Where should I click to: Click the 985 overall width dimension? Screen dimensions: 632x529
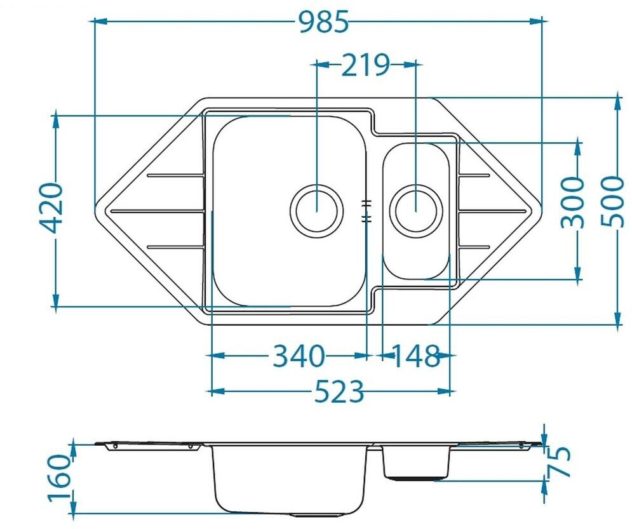coord(324,22)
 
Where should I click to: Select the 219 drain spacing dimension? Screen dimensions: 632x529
coord(366,65)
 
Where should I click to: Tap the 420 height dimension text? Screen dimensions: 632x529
coord(53,208)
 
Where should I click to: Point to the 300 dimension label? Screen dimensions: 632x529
coord(572,202)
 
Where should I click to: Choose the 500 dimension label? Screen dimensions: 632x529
coord(612,202)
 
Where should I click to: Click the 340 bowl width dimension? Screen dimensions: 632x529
coord(299,356)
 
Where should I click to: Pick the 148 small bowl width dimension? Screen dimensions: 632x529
coord(415,356)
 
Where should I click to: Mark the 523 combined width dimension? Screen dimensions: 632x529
coord(339,391)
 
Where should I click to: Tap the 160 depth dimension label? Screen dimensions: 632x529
coord(60,478)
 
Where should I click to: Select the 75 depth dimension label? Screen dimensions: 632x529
coord(560,462)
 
